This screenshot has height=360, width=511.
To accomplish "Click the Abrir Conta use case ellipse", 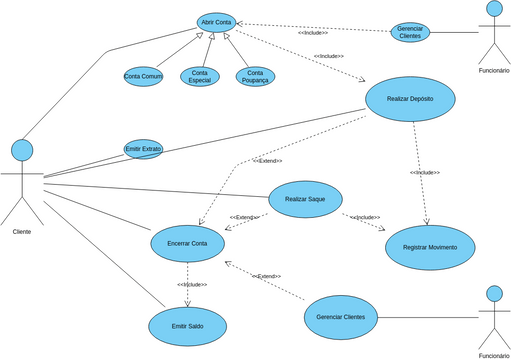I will click(x=216, y=22).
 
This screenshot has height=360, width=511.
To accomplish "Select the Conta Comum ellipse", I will click(x=143, y=76).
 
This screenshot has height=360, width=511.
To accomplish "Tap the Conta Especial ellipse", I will click(x=200, y=76).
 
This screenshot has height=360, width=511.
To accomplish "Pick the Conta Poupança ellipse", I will click(x=255, y=76).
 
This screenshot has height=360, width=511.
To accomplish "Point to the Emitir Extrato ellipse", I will click(x=143, y=149).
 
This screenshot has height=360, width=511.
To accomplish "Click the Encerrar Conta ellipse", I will click(x=186, y=243).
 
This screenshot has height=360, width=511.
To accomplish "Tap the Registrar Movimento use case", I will click(x=430, y=246).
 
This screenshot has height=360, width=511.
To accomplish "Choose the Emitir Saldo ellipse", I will click(x=188, y=326).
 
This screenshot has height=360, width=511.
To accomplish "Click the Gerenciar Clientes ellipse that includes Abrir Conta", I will click(x=410, y=32).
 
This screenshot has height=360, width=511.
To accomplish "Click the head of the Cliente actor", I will click(x=22, y=150).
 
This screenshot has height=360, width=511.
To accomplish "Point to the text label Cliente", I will click(x=22, y=231).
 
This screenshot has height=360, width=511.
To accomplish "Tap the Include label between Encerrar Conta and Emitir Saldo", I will click(x=192, y=285).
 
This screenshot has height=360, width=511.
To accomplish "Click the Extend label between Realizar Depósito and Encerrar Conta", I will click(x=267, y=161).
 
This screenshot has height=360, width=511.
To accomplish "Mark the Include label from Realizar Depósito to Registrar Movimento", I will click(x=424, y=173).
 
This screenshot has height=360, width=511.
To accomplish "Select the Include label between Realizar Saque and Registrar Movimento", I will click(x=365, y=217).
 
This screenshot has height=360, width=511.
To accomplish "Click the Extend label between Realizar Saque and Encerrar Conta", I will click(x=244, y=217).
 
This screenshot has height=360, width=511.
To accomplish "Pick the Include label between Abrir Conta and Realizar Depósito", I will click(x=328, y=56).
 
